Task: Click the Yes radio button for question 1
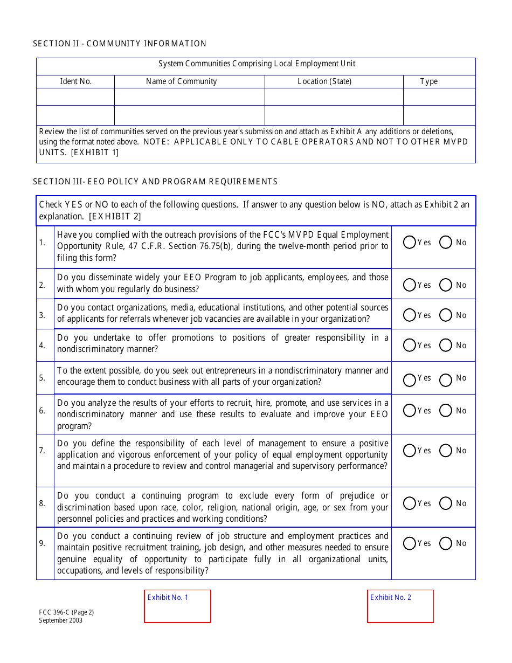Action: click(410, 243)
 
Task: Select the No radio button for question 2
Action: click(446, 285)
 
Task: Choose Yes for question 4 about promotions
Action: click(410, 345)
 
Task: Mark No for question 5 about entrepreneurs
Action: click(446, 380)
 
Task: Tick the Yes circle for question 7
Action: click(410, 450)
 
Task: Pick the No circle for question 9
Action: click(446, 543)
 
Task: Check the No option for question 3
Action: click(446, 315)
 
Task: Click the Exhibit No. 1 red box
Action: click(177, 606)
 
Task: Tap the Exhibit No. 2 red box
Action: click(400, 606)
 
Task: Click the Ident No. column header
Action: click(75, 81)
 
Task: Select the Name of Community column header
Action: click(181, 81)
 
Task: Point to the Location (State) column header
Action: click(324, 81)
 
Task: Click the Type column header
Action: click(429, 81)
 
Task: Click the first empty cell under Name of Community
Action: click(189, 97)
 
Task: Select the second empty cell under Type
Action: click(439, 115)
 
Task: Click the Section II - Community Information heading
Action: click(120, 44)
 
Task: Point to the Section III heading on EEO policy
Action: click(155, 182)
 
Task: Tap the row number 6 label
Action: click(42, 411)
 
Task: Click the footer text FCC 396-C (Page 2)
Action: click(66, 612)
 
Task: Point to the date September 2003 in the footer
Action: click(61, 620)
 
